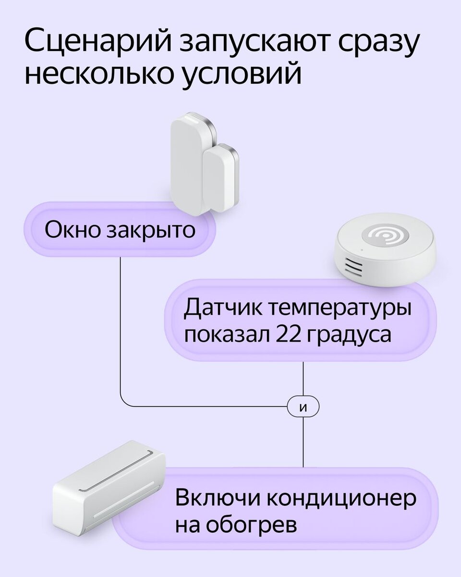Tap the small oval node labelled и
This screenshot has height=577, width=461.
(x=303, y=407)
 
